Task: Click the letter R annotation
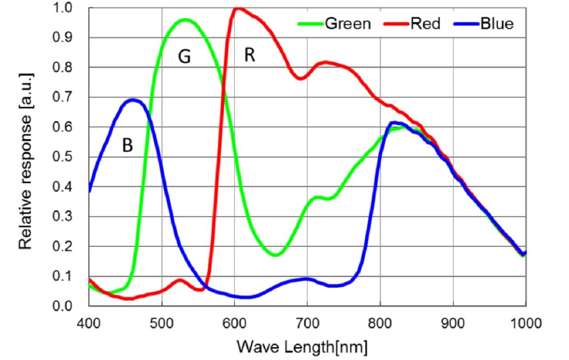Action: pyautogui.click(x=249, y=55)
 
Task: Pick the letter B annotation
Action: pyautogui.click(x=127, y=146)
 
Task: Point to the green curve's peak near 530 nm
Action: pyautogui.click(x=184, y=20)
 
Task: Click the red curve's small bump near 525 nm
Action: pyautogui.click(x=180, y=280)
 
